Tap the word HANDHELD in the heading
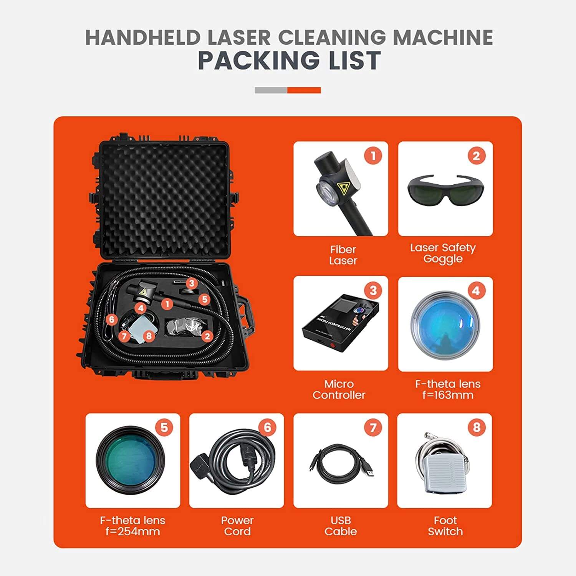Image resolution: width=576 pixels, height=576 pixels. pyautogui.click(x=143, y=37)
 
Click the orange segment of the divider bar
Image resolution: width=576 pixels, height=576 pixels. pyautogui.click(x=304, y=90)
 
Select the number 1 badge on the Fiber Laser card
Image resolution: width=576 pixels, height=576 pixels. pyautogui.click(x=373, y=156)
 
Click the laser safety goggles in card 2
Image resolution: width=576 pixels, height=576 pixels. pyautogui.click(x=445, y=189)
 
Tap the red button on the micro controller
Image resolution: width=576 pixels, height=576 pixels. pyautogui.click(x=333, y=344)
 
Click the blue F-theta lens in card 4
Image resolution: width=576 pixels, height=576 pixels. pyautogui.click(x=445, y=325)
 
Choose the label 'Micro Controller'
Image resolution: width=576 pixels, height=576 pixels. pyautogui.click(x=339, y=389)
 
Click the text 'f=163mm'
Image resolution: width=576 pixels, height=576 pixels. pyautogui.click(x=448, y=395)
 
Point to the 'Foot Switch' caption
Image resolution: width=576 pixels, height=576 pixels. pyautogui.click(x=445, y=526)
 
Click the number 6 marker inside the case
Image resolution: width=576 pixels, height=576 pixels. pyautogui.click(x=111, y=319)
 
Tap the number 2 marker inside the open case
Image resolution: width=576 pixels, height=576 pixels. pyautogui.click(x=207, y=336)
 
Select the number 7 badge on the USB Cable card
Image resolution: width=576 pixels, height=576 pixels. pyautogui.click(x=373, y=427)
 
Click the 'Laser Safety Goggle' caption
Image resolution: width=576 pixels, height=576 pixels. pyautogui.click(x=443, y=253)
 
